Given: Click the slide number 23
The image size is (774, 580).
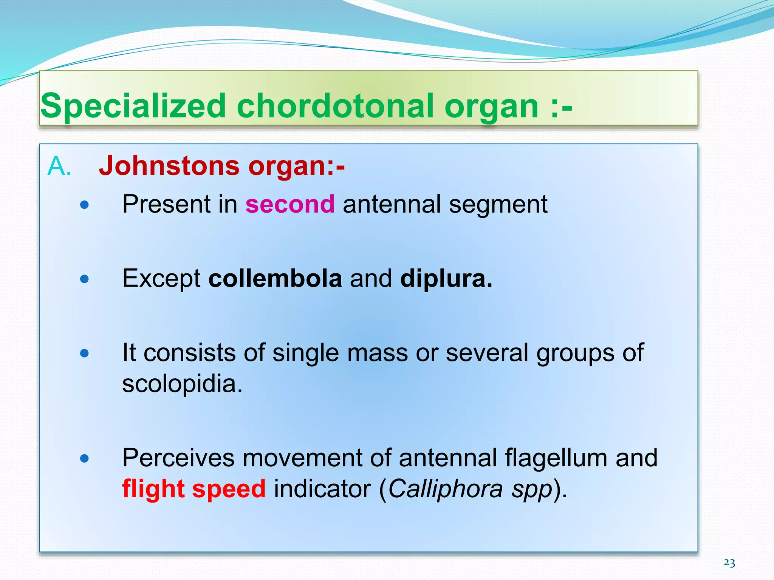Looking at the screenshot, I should pyautogui.click(x=729, y=563).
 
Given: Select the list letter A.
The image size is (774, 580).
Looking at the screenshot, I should pyautogui.click(x=59, y=166).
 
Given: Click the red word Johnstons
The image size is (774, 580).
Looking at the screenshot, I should pyautogui.click(x=169, y=166).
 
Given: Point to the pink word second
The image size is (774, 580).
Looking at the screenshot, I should pyautogui.click(x=290, y=204).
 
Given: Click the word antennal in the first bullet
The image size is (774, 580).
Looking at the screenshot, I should pyautogui.click(x=392, y=204).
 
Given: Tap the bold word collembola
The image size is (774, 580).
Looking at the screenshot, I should pyautogui.click(x=275, y=279).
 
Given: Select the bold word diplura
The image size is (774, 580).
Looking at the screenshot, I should pyautogui.click(x=446, y=279).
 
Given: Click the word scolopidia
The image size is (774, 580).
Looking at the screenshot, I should pyautogui.click(x=182, y=384).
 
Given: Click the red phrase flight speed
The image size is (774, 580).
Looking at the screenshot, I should pyautogui.click(x=194, y=489).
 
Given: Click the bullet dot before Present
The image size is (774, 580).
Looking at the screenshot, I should pyautogui.click(x=85, y=205).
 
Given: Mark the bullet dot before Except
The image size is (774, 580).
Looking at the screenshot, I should pyautogui.click(x=85, y=279).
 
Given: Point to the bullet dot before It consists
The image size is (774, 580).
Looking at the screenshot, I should pyautogui.click(x=85, y=353).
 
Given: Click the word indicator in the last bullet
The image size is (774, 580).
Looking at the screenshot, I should pyautogui.click(x=322, y=489).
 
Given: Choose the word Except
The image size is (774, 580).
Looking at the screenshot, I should pyautogui.click(x=161, y=279).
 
